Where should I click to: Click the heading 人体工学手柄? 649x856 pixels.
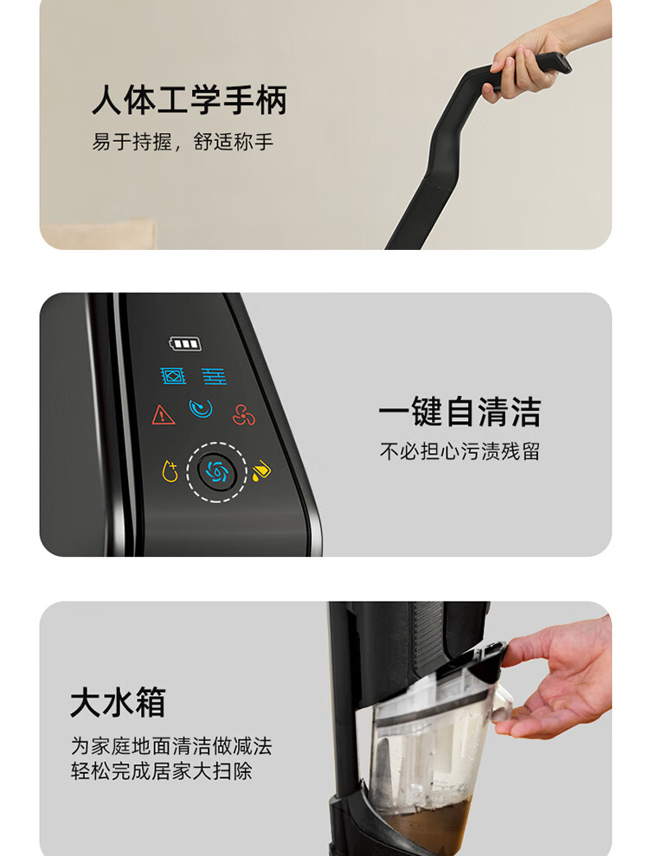pyautogui.click(x=190, y=100)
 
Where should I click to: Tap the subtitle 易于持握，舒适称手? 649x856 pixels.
pyautogui.click(x=183, y=142)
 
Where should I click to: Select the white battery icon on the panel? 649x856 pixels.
pyautogui.click(x=185, y=343)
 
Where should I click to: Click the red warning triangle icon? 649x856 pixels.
pyautogui.click(x=164, y=415)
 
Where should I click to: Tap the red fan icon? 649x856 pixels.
pyautogui.click(x=243, y=415)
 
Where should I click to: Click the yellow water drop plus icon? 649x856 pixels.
pyautogui.click(x=170, y=471)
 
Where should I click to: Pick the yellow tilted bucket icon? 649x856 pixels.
pyautogui.click(x=261, y=470)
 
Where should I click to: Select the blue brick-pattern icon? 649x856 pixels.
pyautogui.click(x=214, y=376)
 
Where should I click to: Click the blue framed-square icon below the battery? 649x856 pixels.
pyautogui.click(x=173, y=375)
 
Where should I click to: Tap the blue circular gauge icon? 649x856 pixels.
pyautogui.click(x=201, y=408)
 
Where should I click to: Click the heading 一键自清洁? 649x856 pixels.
pyautogui.click(x=459, y=412)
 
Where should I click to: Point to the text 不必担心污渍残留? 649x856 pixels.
pyautogui.click(x=459, y=451)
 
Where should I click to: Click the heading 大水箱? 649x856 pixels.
pyautogui.click(x=118, y=703)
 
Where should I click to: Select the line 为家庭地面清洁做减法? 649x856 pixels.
pyautogui.click(x=171, y=745)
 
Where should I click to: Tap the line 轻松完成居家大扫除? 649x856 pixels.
pyautogui.click(x=161, y=771)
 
